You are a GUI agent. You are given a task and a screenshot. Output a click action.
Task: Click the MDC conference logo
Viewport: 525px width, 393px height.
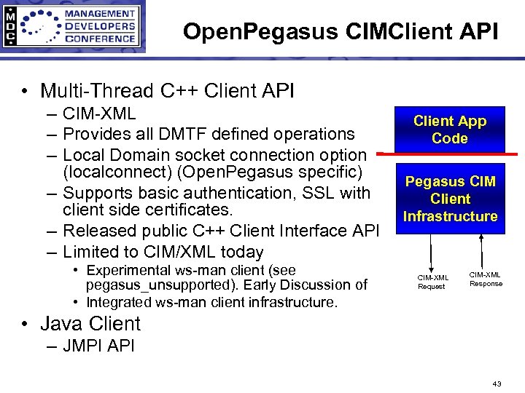(x=72, y=27)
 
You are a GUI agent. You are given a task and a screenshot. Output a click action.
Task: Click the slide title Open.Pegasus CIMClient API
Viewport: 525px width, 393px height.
(x=341, y=31)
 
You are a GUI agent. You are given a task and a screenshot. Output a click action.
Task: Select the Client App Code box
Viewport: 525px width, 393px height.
(x=449, y=130)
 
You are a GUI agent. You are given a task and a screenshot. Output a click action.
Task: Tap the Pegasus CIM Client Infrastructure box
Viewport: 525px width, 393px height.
(x=451, y=199)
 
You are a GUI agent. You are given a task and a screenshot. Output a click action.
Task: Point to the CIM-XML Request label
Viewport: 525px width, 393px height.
(x=431, y=282)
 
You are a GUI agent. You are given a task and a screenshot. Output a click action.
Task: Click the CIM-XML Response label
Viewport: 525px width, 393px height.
(x=486, y=279)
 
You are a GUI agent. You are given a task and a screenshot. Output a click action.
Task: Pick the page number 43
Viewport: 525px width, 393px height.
(x=497, y=383)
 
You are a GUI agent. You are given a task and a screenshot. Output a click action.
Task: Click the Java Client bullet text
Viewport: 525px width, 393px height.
(x=90, y=323)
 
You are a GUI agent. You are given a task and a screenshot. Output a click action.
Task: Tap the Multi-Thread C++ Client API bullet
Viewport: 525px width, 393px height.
(x=167, y=91)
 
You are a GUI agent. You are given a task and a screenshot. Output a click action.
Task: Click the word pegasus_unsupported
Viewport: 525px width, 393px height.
(x=151, y=285)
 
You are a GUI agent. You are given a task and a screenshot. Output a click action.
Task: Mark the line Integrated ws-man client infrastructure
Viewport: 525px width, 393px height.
(x=211, y=302)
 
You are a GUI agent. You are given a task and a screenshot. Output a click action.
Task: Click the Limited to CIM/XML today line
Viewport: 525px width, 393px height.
(x=163, y=252)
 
